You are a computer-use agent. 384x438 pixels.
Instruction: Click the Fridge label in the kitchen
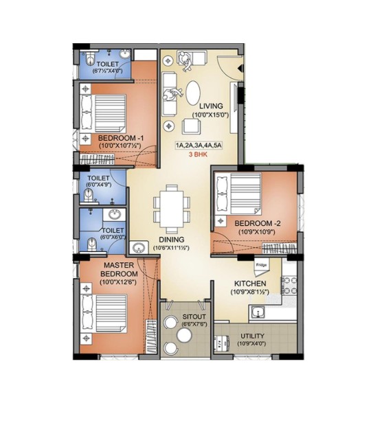(x=261, y=265)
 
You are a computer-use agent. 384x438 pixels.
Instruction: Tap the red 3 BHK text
(x=198, y=154)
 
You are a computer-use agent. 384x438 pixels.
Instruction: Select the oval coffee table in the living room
(x=193, y=93)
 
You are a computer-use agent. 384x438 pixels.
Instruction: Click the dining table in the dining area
(x=171, y=209)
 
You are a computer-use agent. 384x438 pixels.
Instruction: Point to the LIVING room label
(x=211, y=106)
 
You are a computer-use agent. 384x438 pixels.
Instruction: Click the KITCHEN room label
(x=250, y=284)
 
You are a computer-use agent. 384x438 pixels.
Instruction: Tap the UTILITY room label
(x=252, y=336)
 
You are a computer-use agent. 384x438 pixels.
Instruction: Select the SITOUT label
(x=194, y=316)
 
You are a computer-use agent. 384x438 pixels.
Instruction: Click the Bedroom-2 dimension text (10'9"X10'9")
(x=256, y=232)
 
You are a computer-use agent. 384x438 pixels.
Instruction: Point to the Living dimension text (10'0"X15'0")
(x=210, y=115)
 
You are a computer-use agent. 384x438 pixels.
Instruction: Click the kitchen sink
(x=258, y=312)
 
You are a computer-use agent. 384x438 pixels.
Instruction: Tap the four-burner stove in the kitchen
(x=289, y=286)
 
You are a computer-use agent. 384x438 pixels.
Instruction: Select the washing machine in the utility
(x=221, y=343)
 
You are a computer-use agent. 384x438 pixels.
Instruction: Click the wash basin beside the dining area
(x=138, y=248)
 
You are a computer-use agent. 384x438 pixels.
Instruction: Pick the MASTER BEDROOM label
(x=119, y=269)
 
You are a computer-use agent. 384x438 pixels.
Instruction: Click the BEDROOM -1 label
(x=121, y=138)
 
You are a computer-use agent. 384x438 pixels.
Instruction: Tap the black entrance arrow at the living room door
(x=240, y=69)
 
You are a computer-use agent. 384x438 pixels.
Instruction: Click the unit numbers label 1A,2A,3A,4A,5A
(x=199, y=146)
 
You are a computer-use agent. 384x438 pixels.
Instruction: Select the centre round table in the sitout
(x=185, y=334)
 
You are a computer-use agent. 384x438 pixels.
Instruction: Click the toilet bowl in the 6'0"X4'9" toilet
(x=89, y=194)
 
